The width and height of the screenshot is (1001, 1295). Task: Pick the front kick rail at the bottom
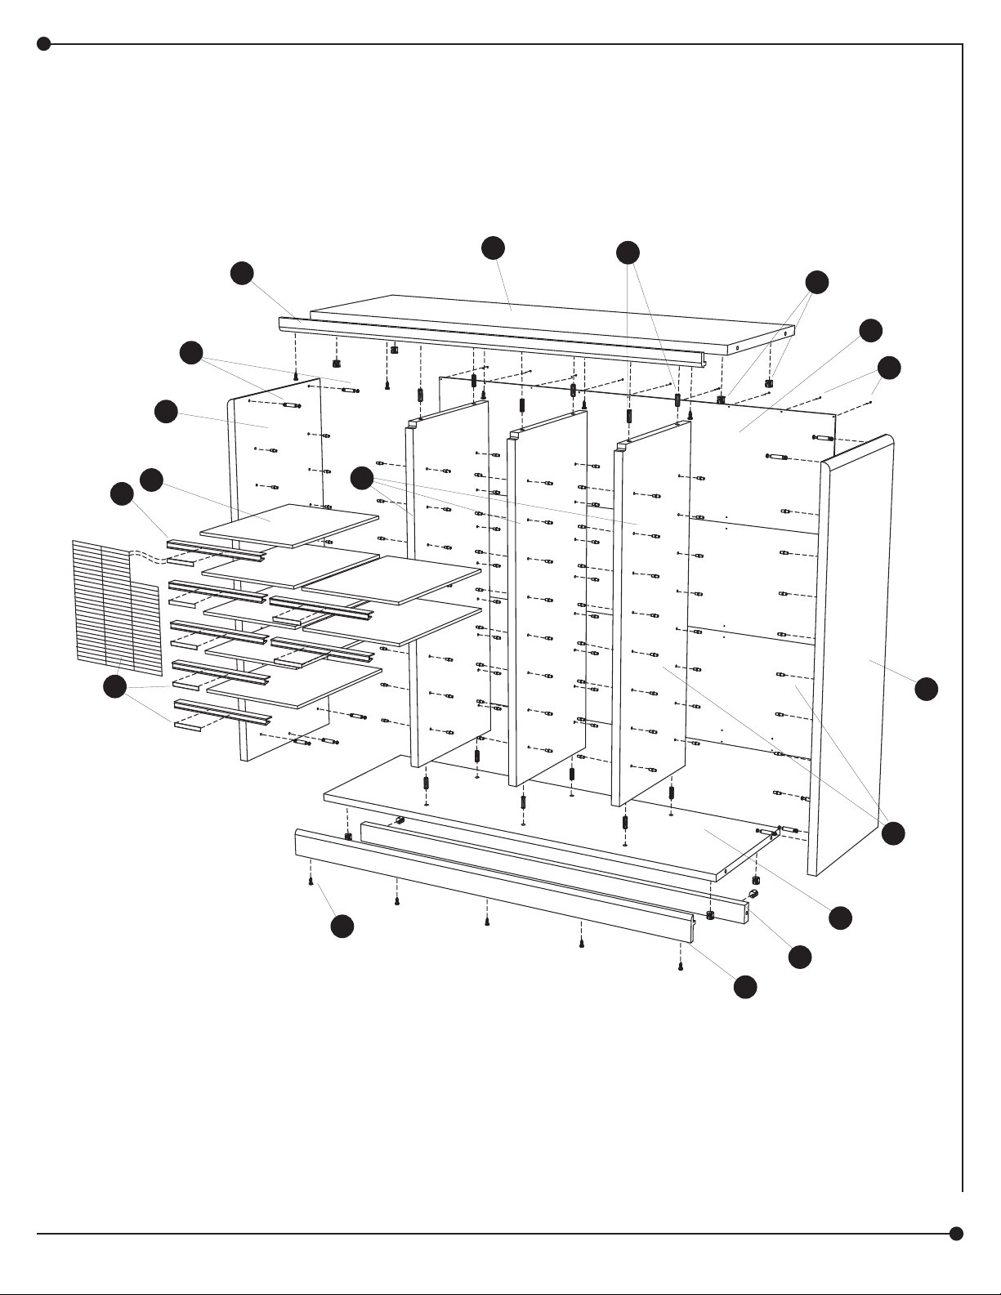pyautogui.click(x=490, y=886)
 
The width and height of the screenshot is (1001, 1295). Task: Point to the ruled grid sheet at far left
pyautogui.click(x=116, y=609)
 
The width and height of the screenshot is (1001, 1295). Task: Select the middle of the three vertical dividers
pyautogui.click(x=546, y=596)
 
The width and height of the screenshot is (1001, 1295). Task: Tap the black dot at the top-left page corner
pyautogui.click(x=44, y=44)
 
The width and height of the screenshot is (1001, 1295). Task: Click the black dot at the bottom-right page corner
pyautogui.click(x=956, y=1233)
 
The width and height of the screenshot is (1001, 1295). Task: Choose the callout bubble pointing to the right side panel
pyautogui.click(x=926, y=689)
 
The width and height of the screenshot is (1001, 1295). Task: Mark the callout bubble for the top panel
pyautogui.click(x=493, y=248)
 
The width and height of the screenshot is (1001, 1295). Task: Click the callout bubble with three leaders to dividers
pyautogui.click(x=362, y=478)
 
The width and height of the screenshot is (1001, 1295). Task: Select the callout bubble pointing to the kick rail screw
pyautogui.click(x=342, y=926)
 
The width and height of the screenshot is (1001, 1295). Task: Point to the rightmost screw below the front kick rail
pyautogui.click(x=681, y=967)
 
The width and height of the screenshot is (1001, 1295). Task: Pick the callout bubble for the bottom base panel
pyautogui.click(x=840, y=918)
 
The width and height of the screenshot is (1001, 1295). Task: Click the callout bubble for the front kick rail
pyautogui.click(x=744, y=987)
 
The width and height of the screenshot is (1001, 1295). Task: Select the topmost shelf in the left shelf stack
pyautogui.click(x=290, y=525)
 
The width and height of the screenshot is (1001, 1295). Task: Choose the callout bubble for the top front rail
pyautogui.click(x=242, y=274)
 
